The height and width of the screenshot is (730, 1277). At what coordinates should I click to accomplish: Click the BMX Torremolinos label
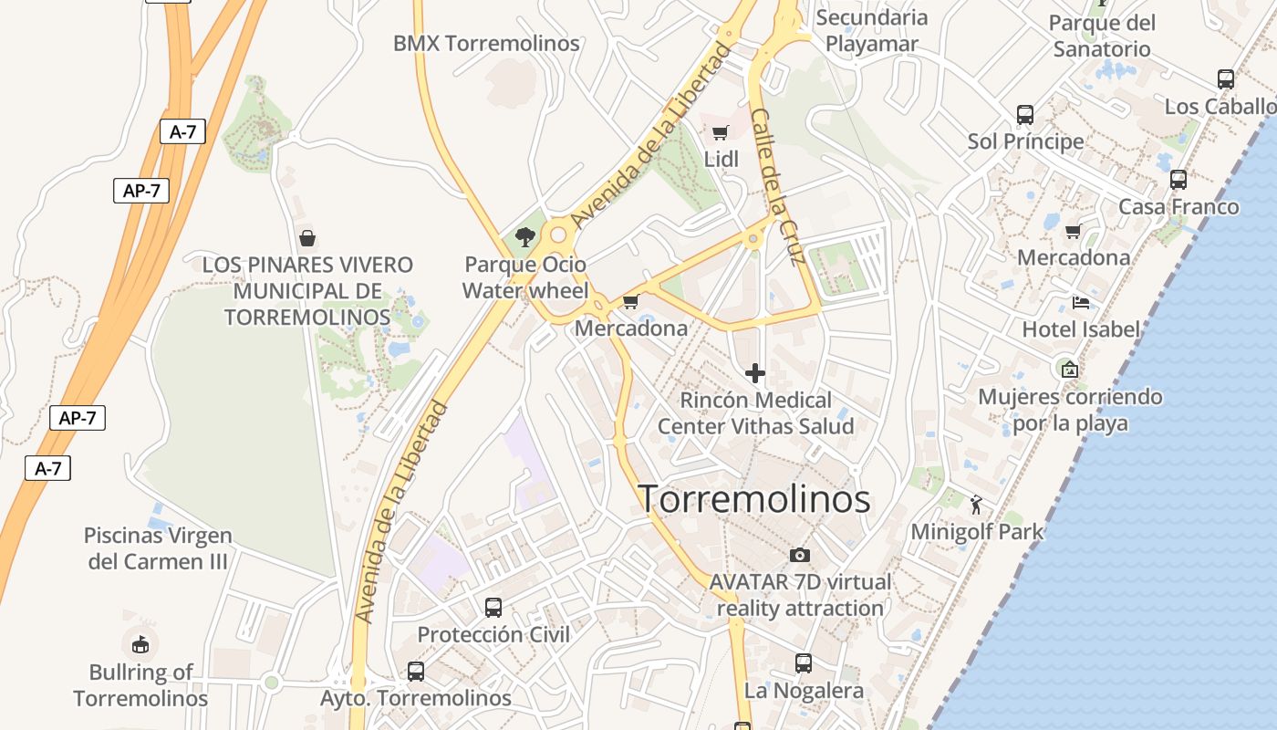coord(486,43)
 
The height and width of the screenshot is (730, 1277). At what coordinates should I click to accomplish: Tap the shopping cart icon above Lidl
coord(721,132)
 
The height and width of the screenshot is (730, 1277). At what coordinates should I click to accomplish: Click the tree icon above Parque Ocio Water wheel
coord(524,237)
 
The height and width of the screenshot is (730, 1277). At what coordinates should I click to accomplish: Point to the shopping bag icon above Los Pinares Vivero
coord(307,238)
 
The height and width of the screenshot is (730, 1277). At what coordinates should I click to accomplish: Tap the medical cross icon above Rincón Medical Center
coord(755,372)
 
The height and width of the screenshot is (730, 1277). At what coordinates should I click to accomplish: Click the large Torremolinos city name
coord(753,499)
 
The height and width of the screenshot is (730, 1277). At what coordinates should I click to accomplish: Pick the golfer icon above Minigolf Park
coord(977,503)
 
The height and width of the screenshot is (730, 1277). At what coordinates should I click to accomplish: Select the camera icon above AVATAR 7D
coord(800,555)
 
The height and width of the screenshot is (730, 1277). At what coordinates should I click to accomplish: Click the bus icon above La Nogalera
coord(804,663)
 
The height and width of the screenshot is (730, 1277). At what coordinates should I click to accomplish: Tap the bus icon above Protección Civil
coord(493,607)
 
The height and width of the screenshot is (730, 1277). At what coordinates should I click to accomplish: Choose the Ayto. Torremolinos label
coord(416,698)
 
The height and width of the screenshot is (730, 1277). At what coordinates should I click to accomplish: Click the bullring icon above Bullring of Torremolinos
coord(140,645)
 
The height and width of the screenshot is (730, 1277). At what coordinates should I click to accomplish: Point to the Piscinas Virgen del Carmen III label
coord(158,548)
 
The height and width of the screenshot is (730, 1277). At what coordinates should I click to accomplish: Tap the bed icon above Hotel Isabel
coord(1081,302)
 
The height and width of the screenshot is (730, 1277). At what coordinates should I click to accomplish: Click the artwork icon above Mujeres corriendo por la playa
coord(1070,370)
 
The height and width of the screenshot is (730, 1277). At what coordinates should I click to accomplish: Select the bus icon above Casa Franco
coord(1178,180)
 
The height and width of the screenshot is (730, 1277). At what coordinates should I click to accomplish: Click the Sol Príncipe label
coord(1025,141)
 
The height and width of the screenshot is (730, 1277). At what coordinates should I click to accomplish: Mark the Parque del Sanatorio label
coord(1102,36)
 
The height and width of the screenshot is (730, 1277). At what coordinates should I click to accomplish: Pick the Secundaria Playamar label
coord(871,30)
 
